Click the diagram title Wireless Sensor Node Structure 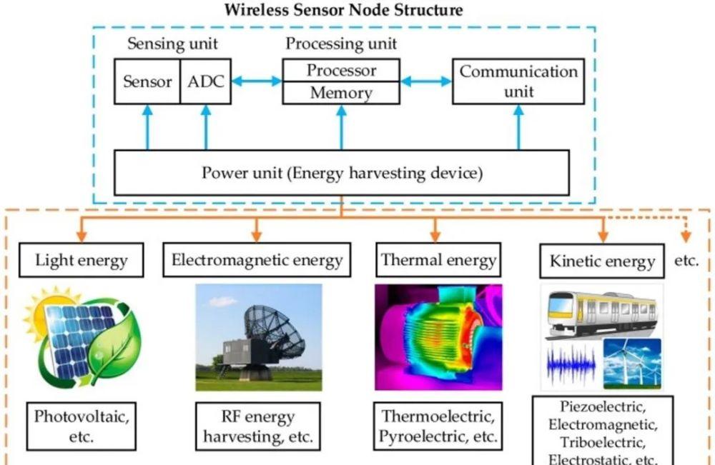coord(343,9)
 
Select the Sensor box coord(147,81)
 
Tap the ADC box coord(206,81)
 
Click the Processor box coord(341,70)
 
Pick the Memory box coord(341,93)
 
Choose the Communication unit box coord(518,81)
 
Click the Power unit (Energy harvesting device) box coord(342,173)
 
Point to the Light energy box coord(82,260)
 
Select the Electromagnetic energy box coord(257,259)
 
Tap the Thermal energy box coord(438,259)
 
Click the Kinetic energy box coord(602,261)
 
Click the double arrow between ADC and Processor coord(257,81)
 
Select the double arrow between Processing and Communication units coord(426,81)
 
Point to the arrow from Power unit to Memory coord(342,128)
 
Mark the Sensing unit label coord(172,44)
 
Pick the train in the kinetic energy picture coord(602,314)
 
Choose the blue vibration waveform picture coord(571,364)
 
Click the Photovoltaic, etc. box coord(82,426)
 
